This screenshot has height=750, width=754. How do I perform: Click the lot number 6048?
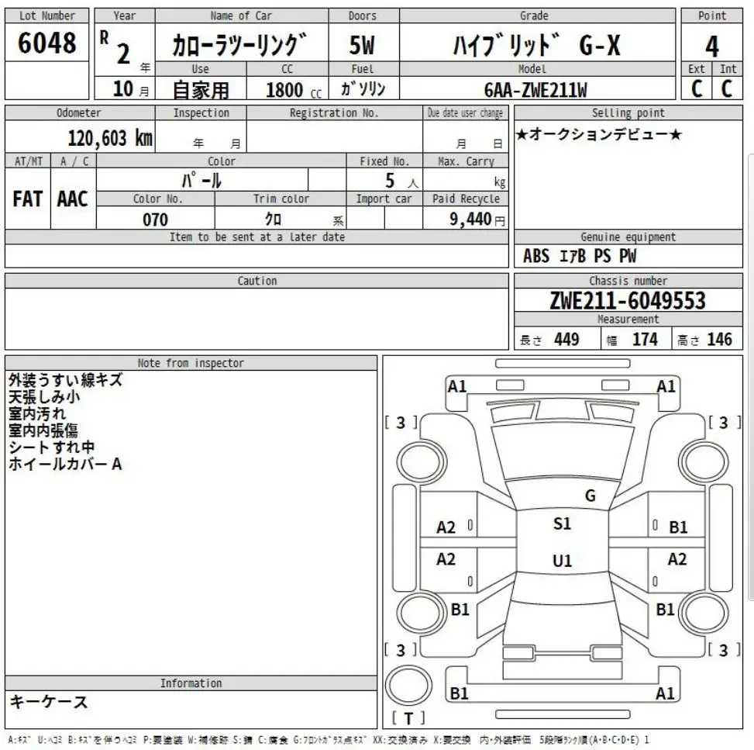[x=47, y=43]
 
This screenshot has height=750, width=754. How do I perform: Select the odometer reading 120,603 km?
[x=111, y=138]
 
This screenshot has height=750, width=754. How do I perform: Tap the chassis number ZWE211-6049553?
[x=628, y=300]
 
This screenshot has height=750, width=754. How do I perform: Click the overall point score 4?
[x=711, y=44]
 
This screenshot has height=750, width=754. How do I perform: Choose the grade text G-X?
[x=599, y=47]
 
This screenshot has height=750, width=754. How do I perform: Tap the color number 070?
[x=155, y=219]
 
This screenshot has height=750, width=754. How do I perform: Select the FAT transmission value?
[x=28, y=199]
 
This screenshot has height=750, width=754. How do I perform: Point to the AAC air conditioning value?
[x=73, y=199]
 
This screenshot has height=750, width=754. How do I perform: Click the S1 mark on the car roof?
[x=562, y=524]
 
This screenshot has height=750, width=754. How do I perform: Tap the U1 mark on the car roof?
[x=563, y=561]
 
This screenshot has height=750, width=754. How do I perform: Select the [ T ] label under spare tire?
[x=408, y=717]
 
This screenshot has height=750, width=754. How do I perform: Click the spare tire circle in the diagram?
[x=408, y=686]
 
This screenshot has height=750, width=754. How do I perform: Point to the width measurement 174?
[x=645, y=339]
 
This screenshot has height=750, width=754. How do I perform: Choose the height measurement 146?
[x=719, y=339]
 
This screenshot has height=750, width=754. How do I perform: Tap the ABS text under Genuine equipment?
[x=536, y=256]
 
